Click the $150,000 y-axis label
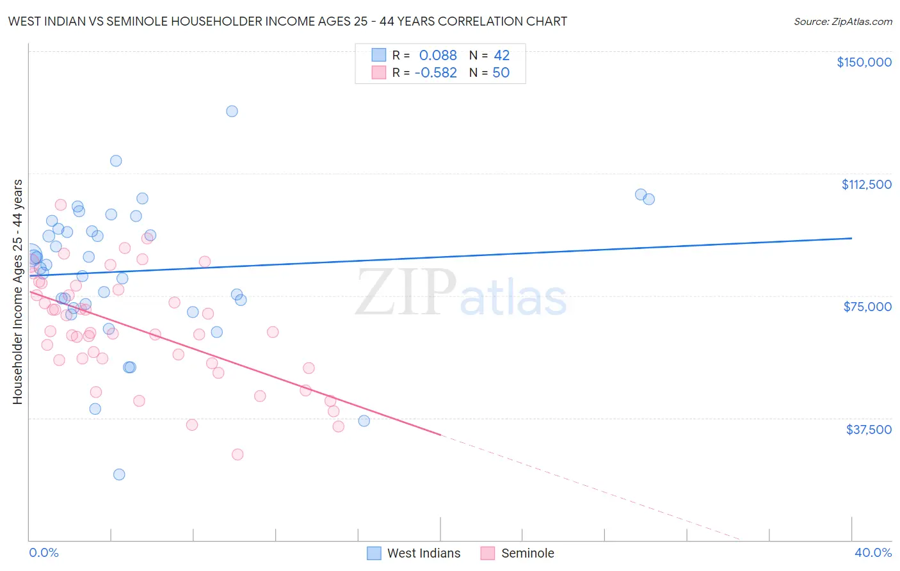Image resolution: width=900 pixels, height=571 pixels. pos(864,62)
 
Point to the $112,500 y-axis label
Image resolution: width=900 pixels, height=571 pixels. pos(866,184)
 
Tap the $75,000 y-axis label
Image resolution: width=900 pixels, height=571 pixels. pos(867,307)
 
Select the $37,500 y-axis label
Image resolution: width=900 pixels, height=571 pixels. pos(868,430)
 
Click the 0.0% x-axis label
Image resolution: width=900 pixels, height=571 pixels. pos(44,552)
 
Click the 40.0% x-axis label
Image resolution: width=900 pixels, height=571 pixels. pos(872,552)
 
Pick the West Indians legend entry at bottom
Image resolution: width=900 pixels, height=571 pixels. pos(423,553)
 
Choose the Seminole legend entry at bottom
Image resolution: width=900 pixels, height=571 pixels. pos(527,553)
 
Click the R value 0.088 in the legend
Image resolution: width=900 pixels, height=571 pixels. pos(438,56)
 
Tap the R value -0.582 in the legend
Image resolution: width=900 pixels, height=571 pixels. pos(436,73)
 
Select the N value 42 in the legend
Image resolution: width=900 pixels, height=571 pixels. pos(501,56)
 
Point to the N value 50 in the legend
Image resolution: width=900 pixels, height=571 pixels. pos(501,73)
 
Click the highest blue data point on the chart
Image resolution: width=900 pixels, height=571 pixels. pos(232,111)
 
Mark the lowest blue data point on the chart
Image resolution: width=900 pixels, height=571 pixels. pos(119,474)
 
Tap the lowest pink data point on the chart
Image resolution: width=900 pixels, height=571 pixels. pos(237,454)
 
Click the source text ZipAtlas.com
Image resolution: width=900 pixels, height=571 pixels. pos(842,22)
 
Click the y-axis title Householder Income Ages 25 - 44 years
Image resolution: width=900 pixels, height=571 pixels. pos(17,292)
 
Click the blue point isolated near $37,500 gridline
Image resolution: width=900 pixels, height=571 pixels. pos(364,421)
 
